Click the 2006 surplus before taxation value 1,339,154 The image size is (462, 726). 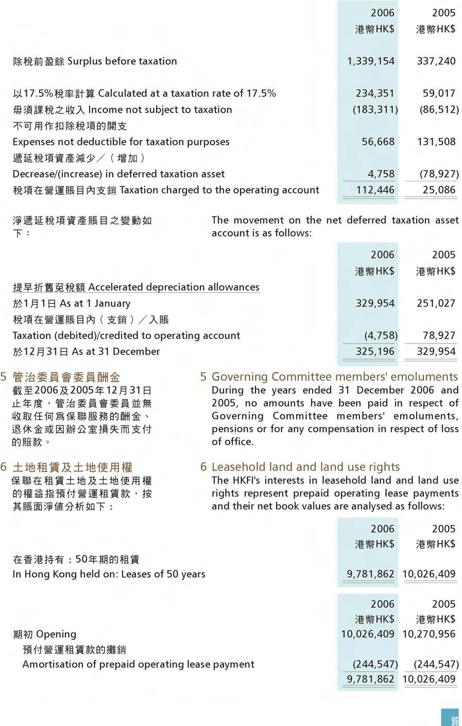[371, 61]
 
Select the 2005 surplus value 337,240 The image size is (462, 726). [436, 61]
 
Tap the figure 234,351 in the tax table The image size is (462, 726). [375, 94]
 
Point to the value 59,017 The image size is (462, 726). [439, 94]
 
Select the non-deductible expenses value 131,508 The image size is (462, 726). [436, 142]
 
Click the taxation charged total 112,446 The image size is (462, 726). [375, 190]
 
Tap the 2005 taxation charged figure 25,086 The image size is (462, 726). [439, 190]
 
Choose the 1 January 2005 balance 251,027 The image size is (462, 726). [436, 303]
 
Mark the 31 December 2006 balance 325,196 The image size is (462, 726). [375, 352]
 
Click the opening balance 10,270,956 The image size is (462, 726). [429, 634]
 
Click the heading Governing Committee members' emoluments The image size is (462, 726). [334, 377]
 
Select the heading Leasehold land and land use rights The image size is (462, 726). [305, 467]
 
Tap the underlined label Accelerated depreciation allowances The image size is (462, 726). [174, 288]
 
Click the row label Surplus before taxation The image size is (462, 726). [122, 61]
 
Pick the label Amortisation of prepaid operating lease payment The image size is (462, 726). [138, 665]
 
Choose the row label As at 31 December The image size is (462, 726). [116, 352]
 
